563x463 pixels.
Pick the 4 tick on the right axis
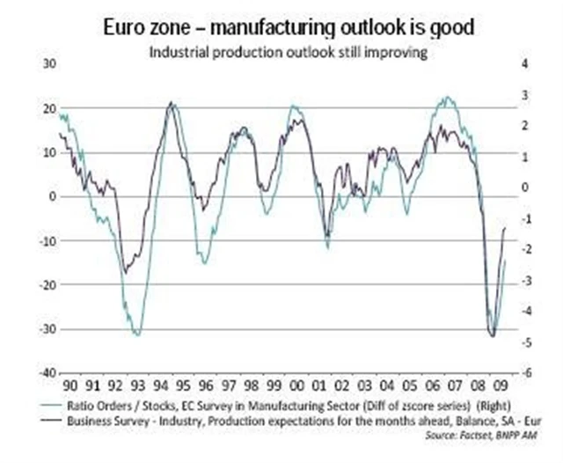[524, 64]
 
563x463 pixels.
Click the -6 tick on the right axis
[525, 373]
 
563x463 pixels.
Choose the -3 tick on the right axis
[525, 280]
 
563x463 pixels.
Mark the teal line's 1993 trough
[136, 334]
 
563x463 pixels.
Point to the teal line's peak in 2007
[448, 98]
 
